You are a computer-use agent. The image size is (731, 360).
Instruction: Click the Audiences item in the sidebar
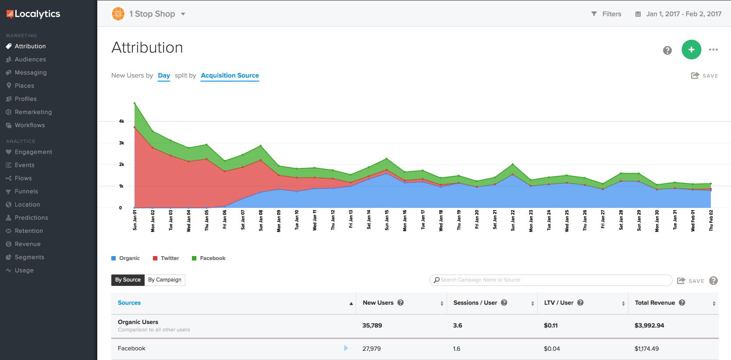(30, 59)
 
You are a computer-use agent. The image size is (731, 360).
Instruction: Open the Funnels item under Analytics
(26, 191)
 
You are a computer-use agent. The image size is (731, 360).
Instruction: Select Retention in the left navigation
(29, 231)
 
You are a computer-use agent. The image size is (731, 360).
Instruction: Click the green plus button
(691, 50)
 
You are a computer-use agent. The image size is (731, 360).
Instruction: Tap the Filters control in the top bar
(607, 14)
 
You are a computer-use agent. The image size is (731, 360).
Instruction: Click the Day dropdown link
(164, 75)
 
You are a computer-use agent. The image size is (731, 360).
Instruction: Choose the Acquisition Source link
(230, 75)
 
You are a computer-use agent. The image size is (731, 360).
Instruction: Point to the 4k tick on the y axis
(121, 121)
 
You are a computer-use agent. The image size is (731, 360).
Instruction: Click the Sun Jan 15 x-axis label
(387, 220)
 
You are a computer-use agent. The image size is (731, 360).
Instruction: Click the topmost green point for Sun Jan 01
(135, 103)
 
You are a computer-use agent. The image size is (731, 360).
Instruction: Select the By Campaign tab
(165, 280)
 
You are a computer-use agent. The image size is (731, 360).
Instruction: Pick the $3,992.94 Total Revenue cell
(649, 325)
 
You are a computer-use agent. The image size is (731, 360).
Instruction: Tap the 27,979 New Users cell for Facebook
(372, 349)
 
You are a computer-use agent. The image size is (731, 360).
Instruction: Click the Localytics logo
(33, 14)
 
